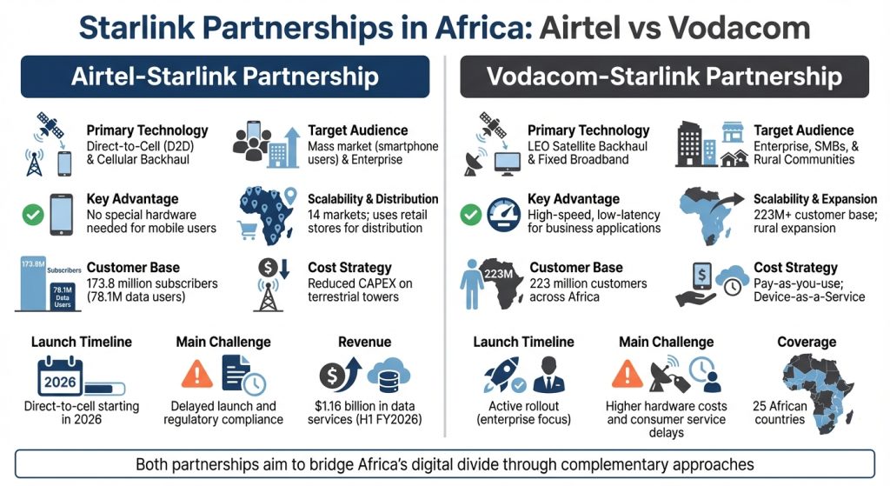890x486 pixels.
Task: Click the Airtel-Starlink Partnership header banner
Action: tap(224, 77)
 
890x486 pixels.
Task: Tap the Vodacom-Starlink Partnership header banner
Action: tap(664, 77)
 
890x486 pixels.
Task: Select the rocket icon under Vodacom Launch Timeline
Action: tap(503, 374)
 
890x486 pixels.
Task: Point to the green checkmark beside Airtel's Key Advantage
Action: tap(33, 214)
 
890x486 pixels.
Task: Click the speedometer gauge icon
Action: tap(502, 214)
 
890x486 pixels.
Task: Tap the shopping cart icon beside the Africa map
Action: tap(249, 230)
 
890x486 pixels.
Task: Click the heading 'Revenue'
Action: tap(364, 342)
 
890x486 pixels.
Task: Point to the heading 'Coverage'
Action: tap(807, 342)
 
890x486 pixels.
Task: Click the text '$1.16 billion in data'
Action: tap(364, 406)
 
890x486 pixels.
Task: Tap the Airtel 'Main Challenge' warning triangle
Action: tap(197, 375)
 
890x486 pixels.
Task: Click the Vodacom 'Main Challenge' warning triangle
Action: tap(628, 375)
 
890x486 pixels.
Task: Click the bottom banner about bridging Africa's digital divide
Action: tap(444, 464)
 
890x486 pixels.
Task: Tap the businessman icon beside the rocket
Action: tap(548, 374)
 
